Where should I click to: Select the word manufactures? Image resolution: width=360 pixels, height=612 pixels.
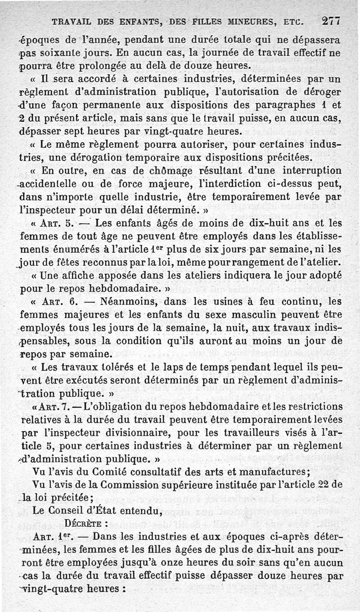pos(270,472)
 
